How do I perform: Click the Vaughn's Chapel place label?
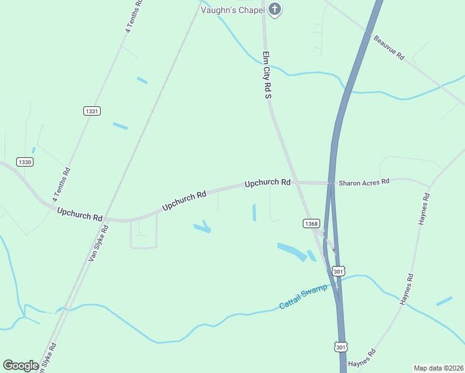233,10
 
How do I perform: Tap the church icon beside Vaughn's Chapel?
274,9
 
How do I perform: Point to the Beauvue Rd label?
389,47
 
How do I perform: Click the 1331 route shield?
91,111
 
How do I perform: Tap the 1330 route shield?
25,162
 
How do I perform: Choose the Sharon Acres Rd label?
364,182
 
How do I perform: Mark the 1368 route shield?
311,223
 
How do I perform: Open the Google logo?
21,366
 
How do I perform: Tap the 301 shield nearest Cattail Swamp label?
338,271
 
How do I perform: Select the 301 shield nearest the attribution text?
341,346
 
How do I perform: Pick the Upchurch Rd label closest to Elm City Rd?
267,183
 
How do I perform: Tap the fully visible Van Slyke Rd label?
98,242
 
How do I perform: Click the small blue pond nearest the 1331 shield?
120,126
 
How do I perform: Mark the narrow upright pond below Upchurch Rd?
254,212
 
